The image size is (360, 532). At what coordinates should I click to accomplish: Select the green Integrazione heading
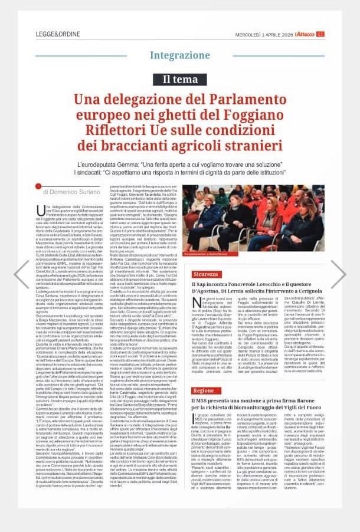tap(179, 55)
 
